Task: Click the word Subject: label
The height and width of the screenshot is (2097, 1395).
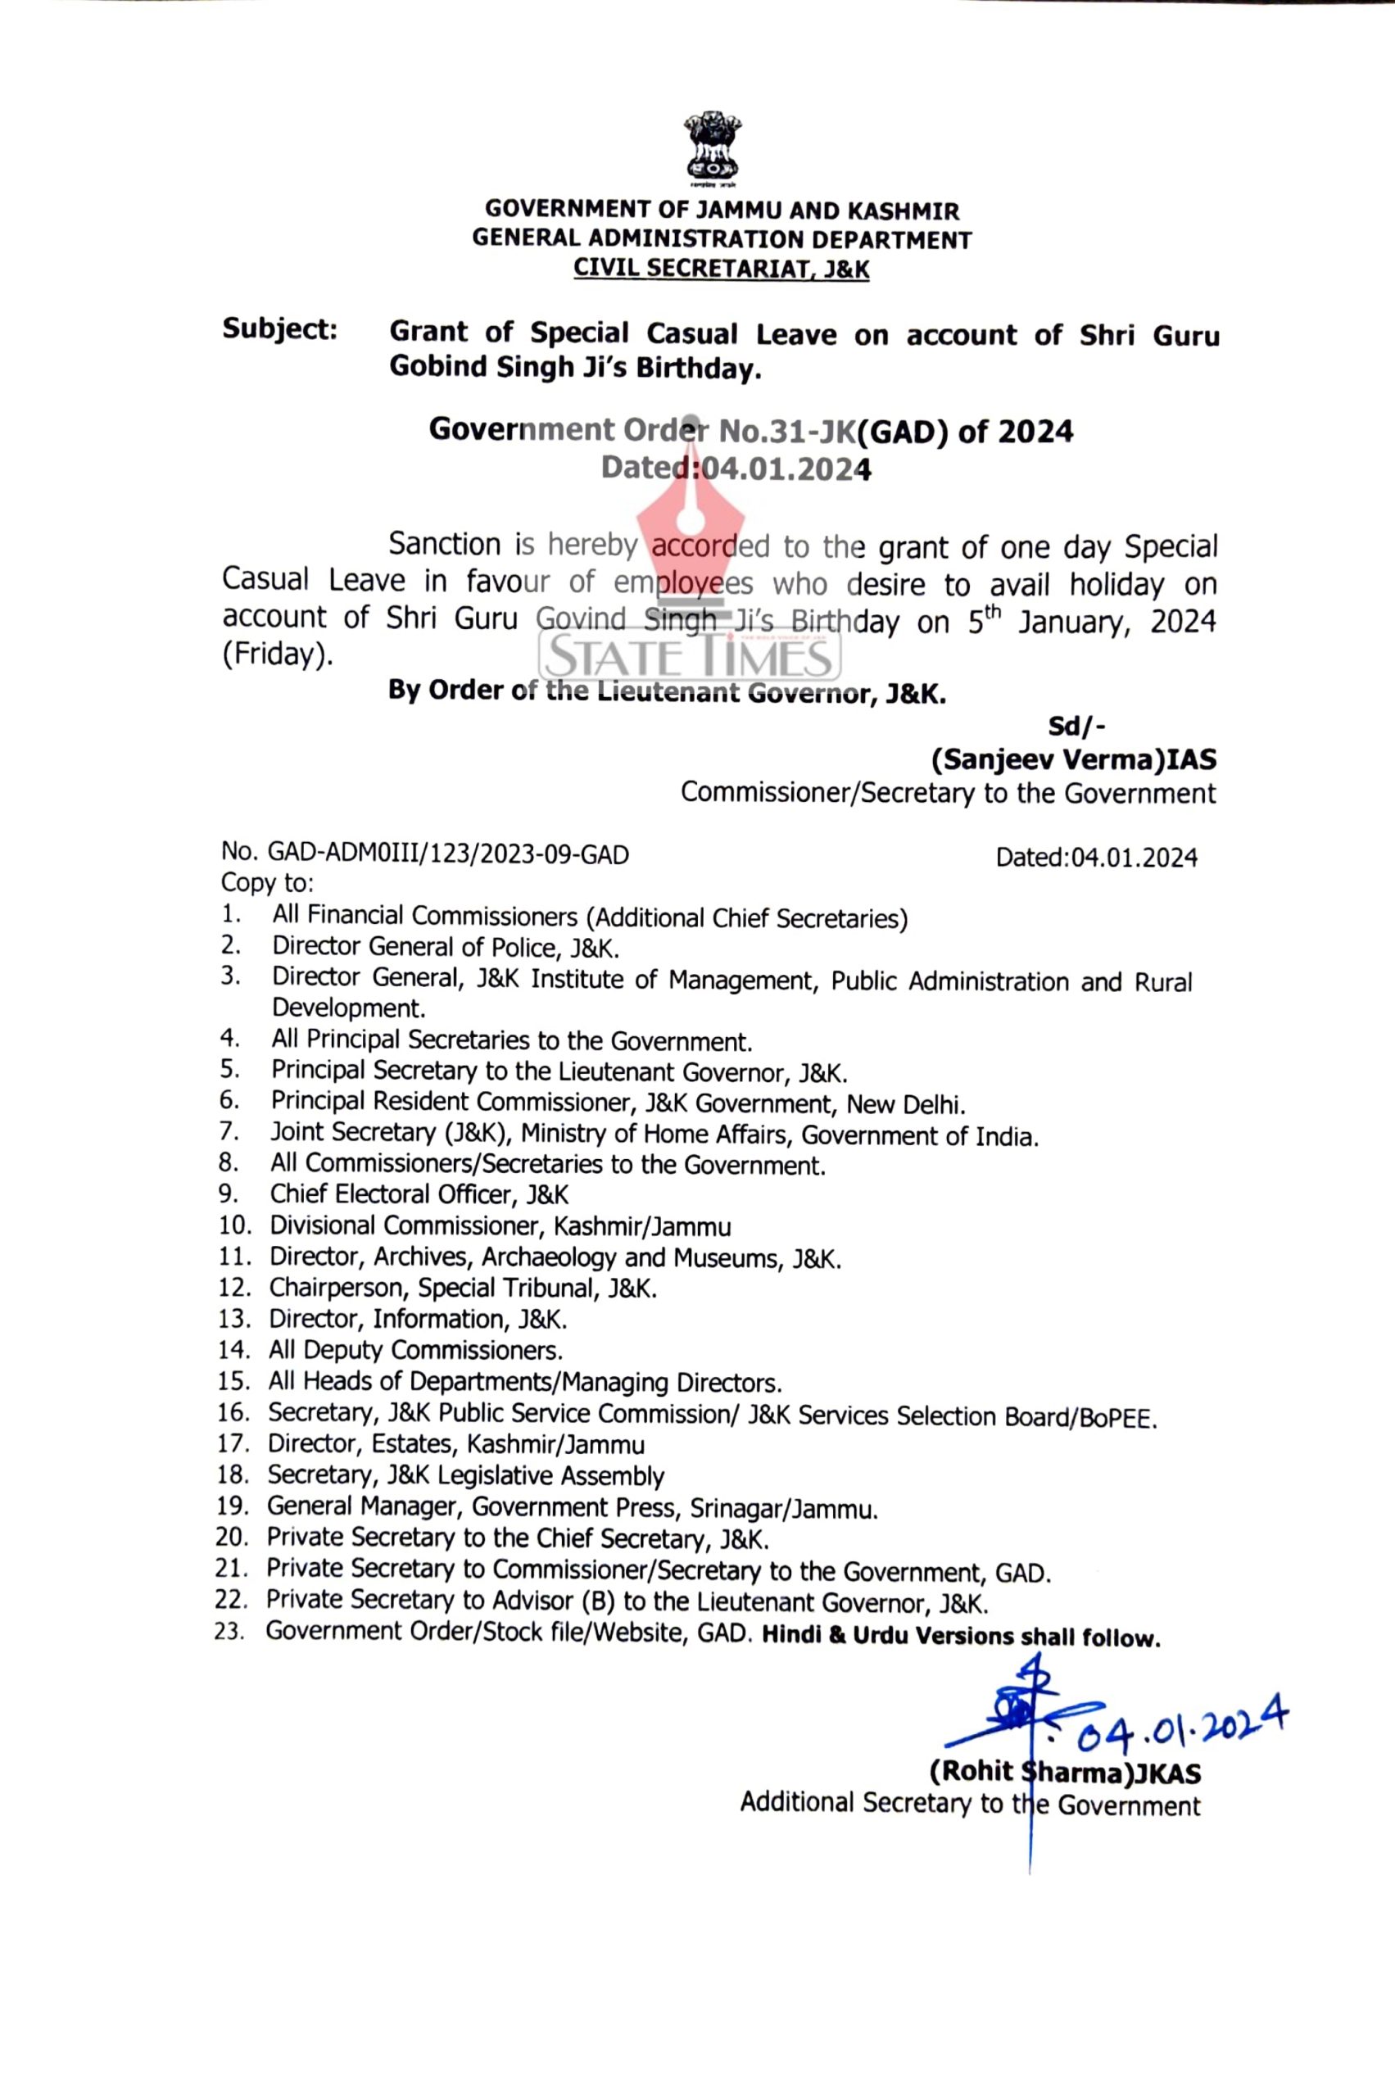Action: (279, 329)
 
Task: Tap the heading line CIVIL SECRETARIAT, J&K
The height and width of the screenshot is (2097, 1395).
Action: (721, 268)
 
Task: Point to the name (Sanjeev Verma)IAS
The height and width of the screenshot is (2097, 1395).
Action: (1073, 760)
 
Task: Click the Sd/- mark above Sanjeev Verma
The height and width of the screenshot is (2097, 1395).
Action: (1076, 727)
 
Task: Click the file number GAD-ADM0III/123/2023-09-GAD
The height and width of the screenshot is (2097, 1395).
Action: (448, 855)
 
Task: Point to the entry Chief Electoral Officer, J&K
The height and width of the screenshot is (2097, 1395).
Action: (419, 1195)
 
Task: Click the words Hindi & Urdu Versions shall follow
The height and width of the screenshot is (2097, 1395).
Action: (961, 1637)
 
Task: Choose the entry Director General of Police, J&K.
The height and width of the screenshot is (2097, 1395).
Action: (446, 947)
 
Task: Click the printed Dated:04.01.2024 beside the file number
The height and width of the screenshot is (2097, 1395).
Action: (1096, 858)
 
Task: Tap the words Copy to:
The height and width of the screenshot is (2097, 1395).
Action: (267, 884)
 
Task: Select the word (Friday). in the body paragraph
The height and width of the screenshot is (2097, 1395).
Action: (277, 654)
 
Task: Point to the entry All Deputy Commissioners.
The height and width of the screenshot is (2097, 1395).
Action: (415, 1351)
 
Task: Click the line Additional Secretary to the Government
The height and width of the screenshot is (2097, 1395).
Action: (970, 1805)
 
